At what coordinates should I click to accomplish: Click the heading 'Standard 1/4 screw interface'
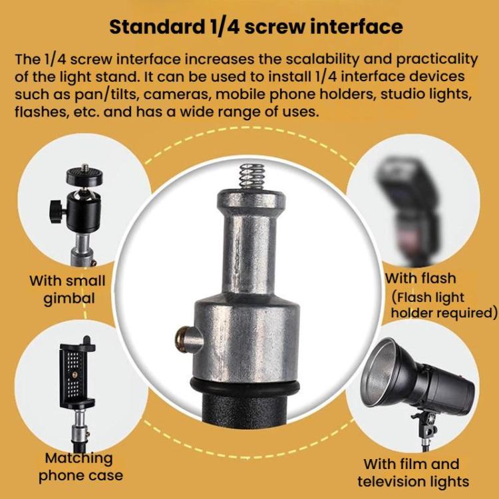(x=255, y=27)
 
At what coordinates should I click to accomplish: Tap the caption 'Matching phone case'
(x=80, y=466)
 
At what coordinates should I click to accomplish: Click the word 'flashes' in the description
(x=40, y=112)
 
